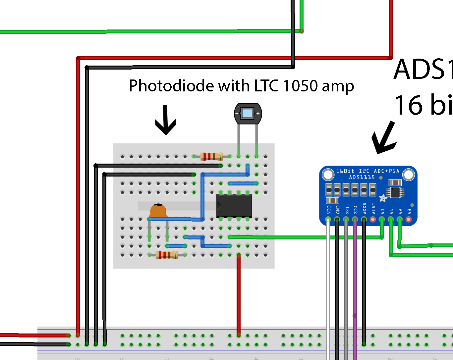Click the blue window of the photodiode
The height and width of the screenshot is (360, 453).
[247, 114]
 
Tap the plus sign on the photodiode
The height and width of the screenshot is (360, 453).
[258, 113]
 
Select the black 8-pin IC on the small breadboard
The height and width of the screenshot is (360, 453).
[234, 206]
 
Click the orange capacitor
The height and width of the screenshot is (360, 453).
[158, 211]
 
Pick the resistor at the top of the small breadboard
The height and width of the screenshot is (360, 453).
[211, 156]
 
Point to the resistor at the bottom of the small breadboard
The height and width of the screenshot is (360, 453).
[167, 255]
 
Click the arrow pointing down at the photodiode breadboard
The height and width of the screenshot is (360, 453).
[165, 121]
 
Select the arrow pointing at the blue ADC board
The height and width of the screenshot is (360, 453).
[384, 139]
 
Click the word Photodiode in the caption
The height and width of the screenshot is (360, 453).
[171, 86]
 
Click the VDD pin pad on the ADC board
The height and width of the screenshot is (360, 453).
[328, 219]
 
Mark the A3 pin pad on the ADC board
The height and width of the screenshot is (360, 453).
[409, 219]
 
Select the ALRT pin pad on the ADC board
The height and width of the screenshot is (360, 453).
[373, 219]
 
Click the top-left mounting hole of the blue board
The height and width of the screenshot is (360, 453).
[328, 174]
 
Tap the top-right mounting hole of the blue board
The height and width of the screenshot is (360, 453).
[409, 174]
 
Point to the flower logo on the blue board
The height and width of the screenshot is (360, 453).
[383, 198]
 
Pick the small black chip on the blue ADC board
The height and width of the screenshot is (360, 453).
[395, 192]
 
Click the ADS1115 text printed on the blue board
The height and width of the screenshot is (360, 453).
[362, 178]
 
